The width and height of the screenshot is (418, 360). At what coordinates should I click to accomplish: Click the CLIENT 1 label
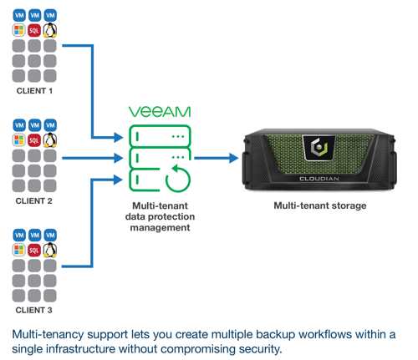pos(34,91)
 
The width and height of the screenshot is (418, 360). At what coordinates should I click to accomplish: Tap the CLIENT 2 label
pos(34,200)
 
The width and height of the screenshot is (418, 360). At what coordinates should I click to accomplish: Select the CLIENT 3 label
pos(34,310)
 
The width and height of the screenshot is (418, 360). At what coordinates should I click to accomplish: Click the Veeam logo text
pos(160,112)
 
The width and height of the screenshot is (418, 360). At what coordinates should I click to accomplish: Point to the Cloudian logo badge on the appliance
pos(319,148)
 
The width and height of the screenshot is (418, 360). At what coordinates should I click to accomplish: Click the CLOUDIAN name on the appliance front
pos(319,178)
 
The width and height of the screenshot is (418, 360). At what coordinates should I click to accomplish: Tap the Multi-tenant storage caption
pos(320,205)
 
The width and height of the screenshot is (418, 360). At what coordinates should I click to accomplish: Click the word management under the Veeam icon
pos(160,227)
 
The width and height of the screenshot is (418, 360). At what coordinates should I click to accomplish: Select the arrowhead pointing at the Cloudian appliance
pos(233,158)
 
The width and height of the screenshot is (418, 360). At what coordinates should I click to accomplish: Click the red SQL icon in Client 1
pos(34,30)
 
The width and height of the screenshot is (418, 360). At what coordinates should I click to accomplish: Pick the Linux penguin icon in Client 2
pos(50,140)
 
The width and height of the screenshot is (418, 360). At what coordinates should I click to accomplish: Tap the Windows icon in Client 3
pos(19,250)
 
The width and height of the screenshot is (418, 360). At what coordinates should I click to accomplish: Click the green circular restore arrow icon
pos(177,179)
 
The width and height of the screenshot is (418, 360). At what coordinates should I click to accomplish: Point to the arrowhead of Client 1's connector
pos(118,137)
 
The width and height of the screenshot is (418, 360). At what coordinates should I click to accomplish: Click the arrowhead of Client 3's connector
pos(118,180)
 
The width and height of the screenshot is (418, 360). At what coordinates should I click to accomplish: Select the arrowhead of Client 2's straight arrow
pos(118,158)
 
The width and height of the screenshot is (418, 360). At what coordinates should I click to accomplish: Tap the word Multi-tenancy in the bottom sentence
pos(48,334)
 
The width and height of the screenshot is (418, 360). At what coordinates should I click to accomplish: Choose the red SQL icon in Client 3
pos(34,250)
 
